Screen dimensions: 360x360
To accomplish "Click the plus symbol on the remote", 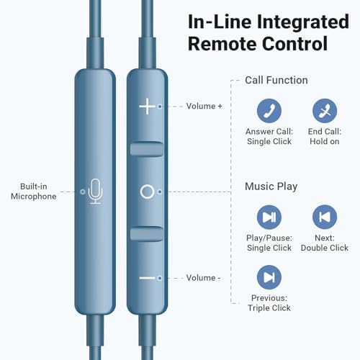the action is [147, 106].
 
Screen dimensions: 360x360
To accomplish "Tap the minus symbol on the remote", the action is [147, 278].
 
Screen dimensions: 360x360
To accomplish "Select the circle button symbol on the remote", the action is [147, 192].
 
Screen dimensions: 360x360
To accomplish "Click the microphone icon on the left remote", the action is [96, 192].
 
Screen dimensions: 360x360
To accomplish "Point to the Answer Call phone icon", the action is [269, 111].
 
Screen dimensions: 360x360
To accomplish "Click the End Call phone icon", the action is [325, 111].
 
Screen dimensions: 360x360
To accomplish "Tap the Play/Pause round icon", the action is [269, 217].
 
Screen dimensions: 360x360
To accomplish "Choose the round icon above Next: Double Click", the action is [325, 217].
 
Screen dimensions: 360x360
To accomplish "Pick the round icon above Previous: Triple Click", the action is [269, 277].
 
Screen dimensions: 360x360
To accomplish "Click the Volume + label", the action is [204, 106].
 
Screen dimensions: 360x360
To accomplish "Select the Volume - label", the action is [203, 278].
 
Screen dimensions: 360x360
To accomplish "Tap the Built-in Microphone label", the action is [34, 192].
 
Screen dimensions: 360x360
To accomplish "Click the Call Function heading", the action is [276, 80].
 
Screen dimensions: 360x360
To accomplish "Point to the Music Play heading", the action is [271, 186].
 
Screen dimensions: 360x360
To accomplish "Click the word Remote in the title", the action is [222, 44].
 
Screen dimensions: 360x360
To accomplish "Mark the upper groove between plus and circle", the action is [147, 149].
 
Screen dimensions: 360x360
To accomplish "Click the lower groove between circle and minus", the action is [147, 233].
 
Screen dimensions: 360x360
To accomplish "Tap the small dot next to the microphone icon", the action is [83, 192].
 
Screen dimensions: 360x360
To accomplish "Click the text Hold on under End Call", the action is [325, 141].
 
